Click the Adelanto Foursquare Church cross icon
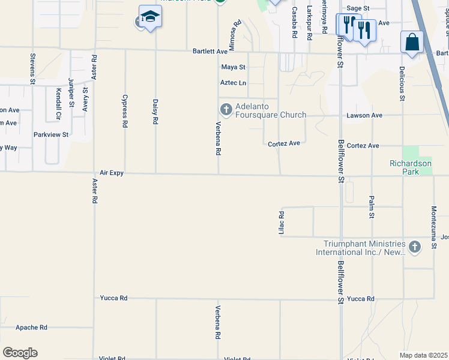226,109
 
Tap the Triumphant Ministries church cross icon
414,247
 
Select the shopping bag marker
412,42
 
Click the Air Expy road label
112,173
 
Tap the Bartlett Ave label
210,52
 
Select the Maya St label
234,67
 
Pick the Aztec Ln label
234,83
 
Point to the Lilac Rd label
281,223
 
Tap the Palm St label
372,207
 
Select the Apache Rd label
31,328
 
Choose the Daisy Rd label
155,112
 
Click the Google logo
20,353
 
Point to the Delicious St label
402,83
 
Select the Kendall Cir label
58,103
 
